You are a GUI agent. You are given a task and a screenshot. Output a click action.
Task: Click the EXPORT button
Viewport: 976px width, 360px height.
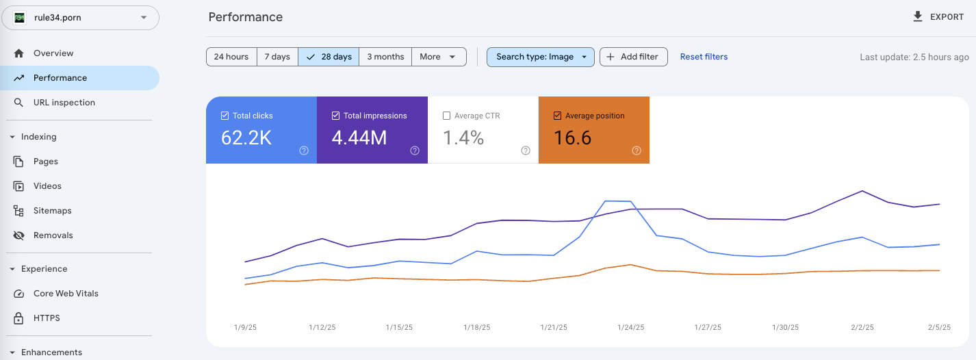pyautogui.click(x=938, y=17)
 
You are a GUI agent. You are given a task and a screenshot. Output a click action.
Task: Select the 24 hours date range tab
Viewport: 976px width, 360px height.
pyautogui.click(x=231, y=57)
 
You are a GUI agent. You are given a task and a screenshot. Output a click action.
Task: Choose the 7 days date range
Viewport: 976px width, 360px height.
pyautogui.click(x=277, y=57)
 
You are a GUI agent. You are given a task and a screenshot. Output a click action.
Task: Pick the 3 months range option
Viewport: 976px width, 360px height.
pyautogui.click(x=385, y=57)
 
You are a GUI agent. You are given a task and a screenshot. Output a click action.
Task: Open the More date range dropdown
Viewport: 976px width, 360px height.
pyautogui.click(x=438, y=57)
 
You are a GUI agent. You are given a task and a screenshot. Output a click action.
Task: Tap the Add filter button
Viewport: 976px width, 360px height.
pyautogui.click(x=633, y=57)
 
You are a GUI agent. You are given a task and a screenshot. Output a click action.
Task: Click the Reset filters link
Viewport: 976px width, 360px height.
pyautogui.click(x=704, y=57)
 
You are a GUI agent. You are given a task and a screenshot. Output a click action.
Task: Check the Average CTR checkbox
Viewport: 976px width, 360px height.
pyautogui.click(x=447, y=116)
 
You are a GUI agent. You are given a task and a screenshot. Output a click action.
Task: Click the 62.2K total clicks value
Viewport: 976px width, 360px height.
pyautogui.click(x=246, y=138)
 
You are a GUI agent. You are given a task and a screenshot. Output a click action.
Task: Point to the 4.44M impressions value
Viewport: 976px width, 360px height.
pyautogui.click(x=359, y=138)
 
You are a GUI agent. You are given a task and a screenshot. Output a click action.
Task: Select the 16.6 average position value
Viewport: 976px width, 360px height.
pyautogui.click(x=572, y=138)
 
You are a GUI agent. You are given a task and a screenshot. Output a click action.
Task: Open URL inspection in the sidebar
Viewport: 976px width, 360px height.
pyautogui.click(x=64, y=103)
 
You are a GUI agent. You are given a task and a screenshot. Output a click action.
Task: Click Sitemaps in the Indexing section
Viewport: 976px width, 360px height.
pyautogui.click(x=53, y=211)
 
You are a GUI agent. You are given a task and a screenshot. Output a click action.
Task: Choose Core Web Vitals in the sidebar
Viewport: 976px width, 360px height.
pyautogui.click(x=66, y=294)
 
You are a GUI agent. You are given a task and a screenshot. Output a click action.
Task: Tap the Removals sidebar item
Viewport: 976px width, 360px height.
pyautogui.click(x=53, y=235)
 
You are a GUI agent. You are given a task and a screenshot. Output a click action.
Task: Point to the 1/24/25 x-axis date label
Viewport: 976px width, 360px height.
pyautogui.click(x=630, y=328)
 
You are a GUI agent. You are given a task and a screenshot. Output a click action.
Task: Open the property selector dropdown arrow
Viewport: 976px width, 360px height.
pyautogui.click(x=144, y=18)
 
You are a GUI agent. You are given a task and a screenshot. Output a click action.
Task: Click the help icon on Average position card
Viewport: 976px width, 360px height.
pyautogui.click(x=637, y=151)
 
